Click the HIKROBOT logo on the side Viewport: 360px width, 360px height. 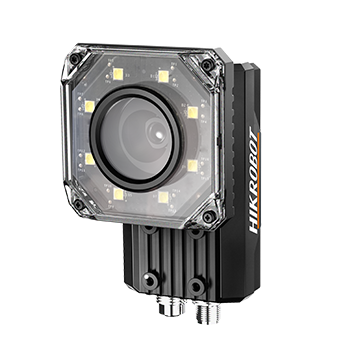pyautogui.click(x=254, y=180)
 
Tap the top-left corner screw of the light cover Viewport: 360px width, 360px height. pyautogui.click(x=75, y=59)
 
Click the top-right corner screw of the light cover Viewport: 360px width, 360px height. pyautogui.click(x=207, y=64)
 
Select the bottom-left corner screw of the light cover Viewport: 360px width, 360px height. pyautogui.click(x=79, y=204)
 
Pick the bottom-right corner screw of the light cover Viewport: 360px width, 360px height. pyautogui.click(x=209, y=217)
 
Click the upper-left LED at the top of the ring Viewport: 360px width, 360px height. pyautogui.click(x=118, y=74)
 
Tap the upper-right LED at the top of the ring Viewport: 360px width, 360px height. pyautogui.click(x=163, y=76)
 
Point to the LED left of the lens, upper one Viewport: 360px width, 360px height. pyautogui.click(x=90, y=106)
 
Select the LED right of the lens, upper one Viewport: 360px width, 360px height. pyautogui.click(x=193, y=112)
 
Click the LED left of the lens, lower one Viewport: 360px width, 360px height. pyautogui.click(x=90, y=159)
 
